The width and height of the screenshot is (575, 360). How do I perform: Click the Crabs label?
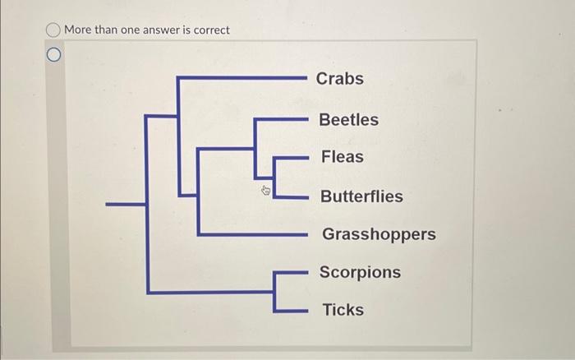pos(339,79)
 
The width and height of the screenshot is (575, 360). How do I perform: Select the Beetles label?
pos(348,120)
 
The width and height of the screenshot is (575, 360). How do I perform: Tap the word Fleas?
pos(343,157)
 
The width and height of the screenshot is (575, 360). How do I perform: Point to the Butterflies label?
pos(361,196)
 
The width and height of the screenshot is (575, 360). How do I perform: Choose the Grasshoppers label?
pos(379,234)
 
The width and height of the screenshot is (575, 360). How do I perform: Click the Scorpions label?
pos(360,272)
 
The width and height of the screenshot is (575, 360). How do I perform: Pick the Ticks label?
pos(343,310)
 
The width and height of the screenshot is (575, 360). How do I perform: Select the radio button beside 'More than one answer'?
pos(53,30)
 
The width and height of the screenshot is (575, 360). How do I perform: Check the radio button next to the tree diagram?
pos(54,55)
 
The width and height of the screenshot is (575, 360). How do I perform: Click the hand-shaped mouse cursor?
pos(266,191)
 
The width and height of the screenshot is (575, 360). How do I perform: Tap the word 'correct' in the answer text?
pos(212,30)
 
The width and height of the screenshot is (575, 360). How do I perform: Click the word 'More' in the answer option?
pos(78,30)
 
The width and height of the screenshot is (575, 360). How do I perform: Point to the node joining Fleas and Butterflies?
pos(274,178)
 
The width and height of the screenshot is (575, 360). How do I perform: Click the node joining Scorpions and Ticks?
pos(274,292)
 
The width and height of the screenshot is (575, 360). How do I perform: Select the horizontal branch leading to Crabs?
pos(242,78)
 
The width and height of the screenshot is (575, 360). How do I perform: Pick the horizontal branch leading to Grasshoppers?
pos(253,234)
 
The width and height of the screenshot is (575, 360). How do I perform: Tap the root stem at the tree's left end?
pos(126,204)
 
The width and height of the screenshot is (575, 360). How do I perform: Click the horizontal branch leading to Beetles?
pos(281,119)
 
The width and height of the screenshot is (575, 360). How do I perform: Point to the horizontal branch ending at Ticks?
pos(291,311)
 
